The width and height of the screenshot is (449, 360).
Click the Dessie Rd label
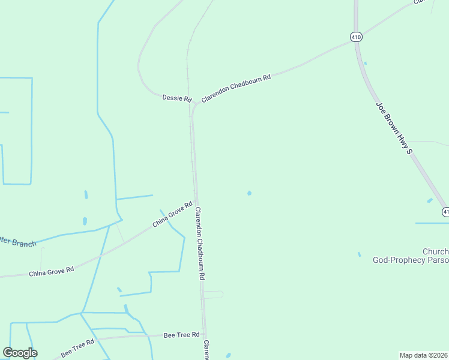[176, 98]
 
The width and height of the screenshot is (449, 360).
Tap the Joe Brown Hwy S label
[394, 128]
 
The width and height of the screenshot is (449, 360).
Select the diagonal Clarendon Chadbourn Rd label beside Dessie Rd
[236, 88]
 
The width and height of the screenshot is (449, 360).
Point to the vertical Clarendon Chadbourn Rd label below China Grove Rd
[200, 244]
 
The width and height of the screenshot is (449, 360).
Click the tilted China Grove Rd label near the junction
[172, 214]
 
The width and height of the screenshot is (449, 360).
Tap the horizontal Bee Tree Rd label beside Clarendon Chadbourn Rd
[181, 334]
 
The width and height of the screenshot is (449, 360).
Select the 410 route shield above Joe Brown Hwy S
[357, 37]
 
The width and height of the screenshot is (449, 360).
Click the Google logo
[20, 353]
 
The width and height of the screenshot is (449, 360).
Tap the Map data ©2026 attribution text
[423, 355]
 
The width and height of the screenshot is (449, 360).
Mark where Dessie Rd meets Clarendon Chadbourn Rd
[194, 104]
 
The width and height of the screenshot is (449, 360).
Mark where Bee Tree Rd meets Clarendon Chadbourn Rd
[204, 334]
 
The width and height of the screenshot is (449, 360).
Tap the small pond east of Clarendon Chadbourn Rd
[249, 193]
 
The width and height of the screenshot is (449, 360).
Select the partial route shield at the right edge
[445, 212]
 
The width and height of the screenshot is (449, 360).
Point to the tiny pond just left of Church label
[360, 254]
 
